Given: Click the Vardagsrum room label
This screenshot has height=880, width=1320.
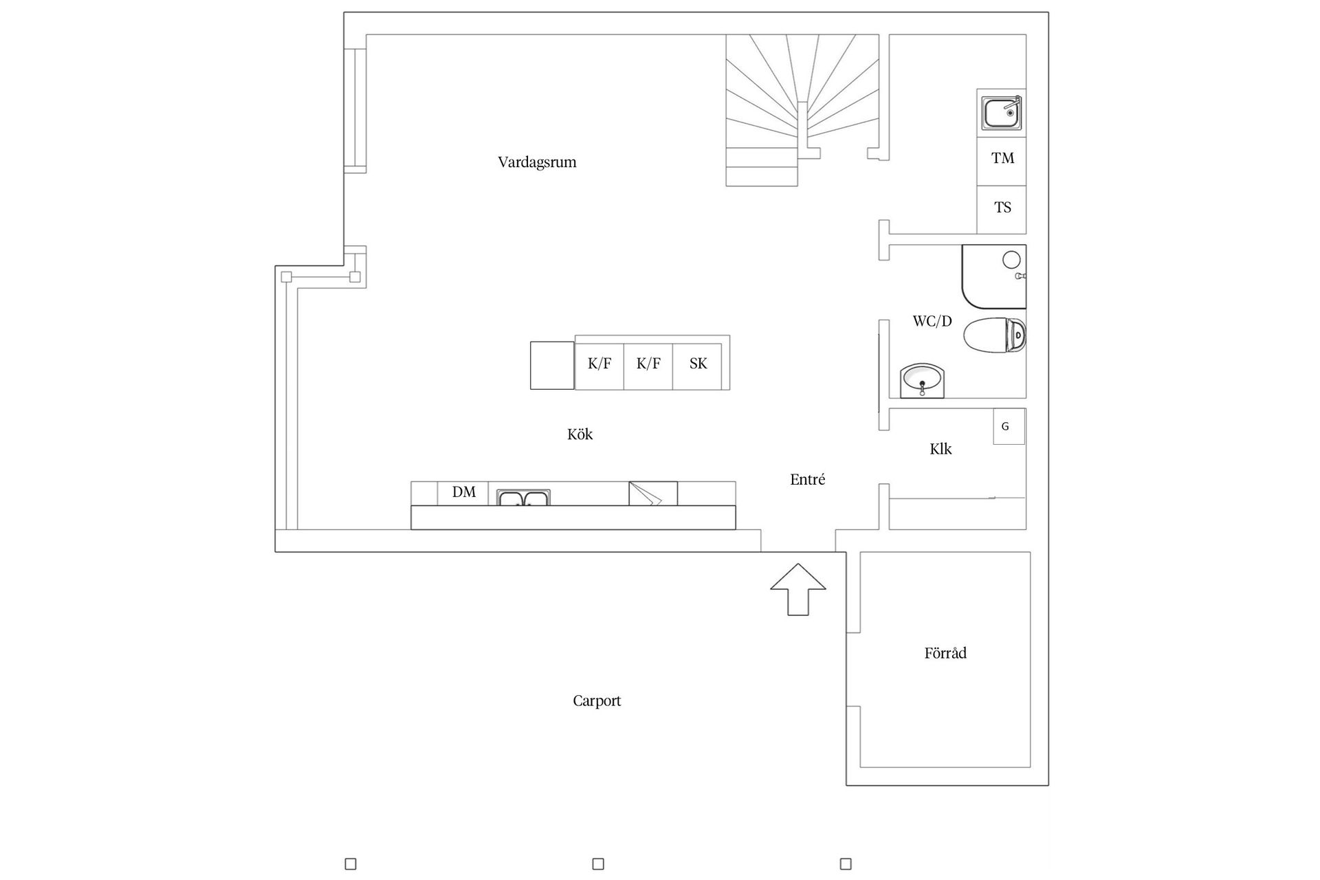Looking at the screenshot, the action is click(537, 163).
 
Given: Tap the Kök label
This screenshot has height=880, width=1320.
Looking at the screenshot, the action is click(580, 434).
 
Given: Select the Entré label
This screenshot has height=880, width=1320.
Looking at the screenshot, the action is click(808, 480).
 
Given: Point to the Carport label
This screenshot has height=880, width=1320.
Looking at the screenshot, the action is click(597, 701).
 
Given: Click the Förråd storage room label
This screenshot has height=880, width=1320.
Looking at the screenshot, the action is click(945, 652).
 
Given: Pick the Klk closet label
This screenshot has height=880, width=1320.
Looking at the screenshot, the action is click(940, 449).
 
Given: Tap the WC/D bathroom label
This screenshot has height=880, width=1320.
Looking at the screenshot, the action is click(932, 321).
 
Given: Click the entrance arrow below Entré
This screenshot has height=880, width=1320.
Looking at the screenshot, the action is click(797, 589).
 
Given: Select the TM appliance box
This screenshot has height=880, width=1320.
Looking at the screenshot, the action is click(1002, 162).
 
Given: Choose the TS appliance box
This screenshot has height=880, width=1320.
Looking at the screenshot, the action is click(1002, 210).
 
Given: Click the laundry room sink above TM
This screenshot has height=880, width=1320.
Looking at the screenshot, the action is click(1002, 113).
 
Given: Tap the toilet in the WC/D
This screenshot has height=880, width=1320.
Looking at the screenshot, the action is click(995, 335).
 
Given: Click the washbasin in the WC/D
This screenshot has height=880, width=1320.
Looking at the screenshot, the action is click(923, 380).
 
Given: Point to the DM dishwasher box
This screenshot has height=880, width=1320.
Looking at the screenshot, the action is click(463, 493).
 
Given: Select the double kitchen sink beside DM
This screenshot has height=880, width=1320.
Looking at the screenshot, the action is click(524, 498).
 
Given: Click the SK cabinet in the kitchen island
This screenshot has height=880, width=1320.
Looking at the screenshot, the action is click(697, 364).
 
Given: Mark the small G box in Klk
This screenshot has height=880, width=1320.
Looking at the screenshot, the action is click(1009, 426).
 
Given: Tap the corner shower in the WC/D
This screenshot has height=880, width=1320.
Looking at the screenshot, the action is click(994, 276).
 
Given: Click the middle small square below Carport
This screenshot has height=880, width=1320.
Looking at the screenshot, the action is click(598, 863).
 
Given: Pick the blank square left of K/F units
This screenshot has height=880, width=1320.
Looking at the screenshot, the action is click(552, 365).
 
